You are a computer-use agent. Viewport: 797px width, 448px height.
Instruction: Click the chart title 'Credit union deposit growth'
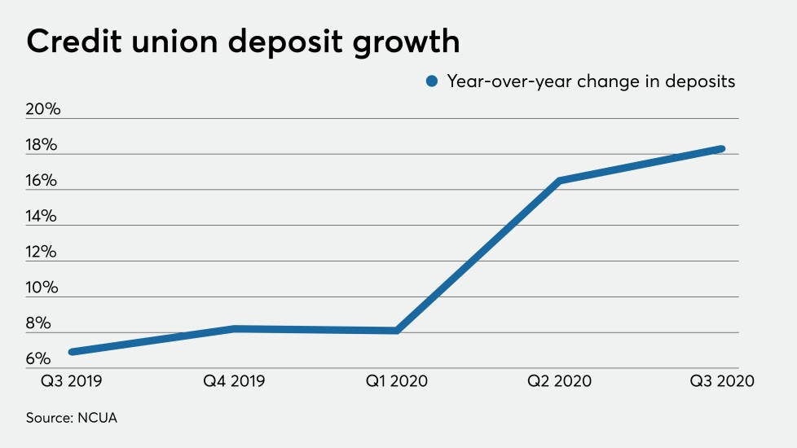click(243, 42)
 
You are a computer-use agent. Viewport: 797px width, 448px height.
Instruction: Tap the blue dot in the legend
click(433, 81)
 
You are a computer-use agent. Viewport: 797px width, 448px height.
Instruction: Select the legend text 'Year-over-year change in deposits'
click(592, 81)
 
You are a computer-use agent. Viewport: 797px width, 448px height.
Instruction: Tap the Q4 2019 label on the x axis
click(235, 381)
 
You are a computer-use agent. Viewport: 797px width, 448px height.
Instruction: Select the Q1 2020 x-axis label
click(396, 381)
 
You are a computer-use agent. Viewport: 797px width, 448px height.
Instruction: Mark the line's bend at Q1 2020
click(396, 330)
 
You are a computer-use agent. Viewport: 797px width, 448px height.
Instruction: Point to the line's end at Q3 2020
click(721, 148)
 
